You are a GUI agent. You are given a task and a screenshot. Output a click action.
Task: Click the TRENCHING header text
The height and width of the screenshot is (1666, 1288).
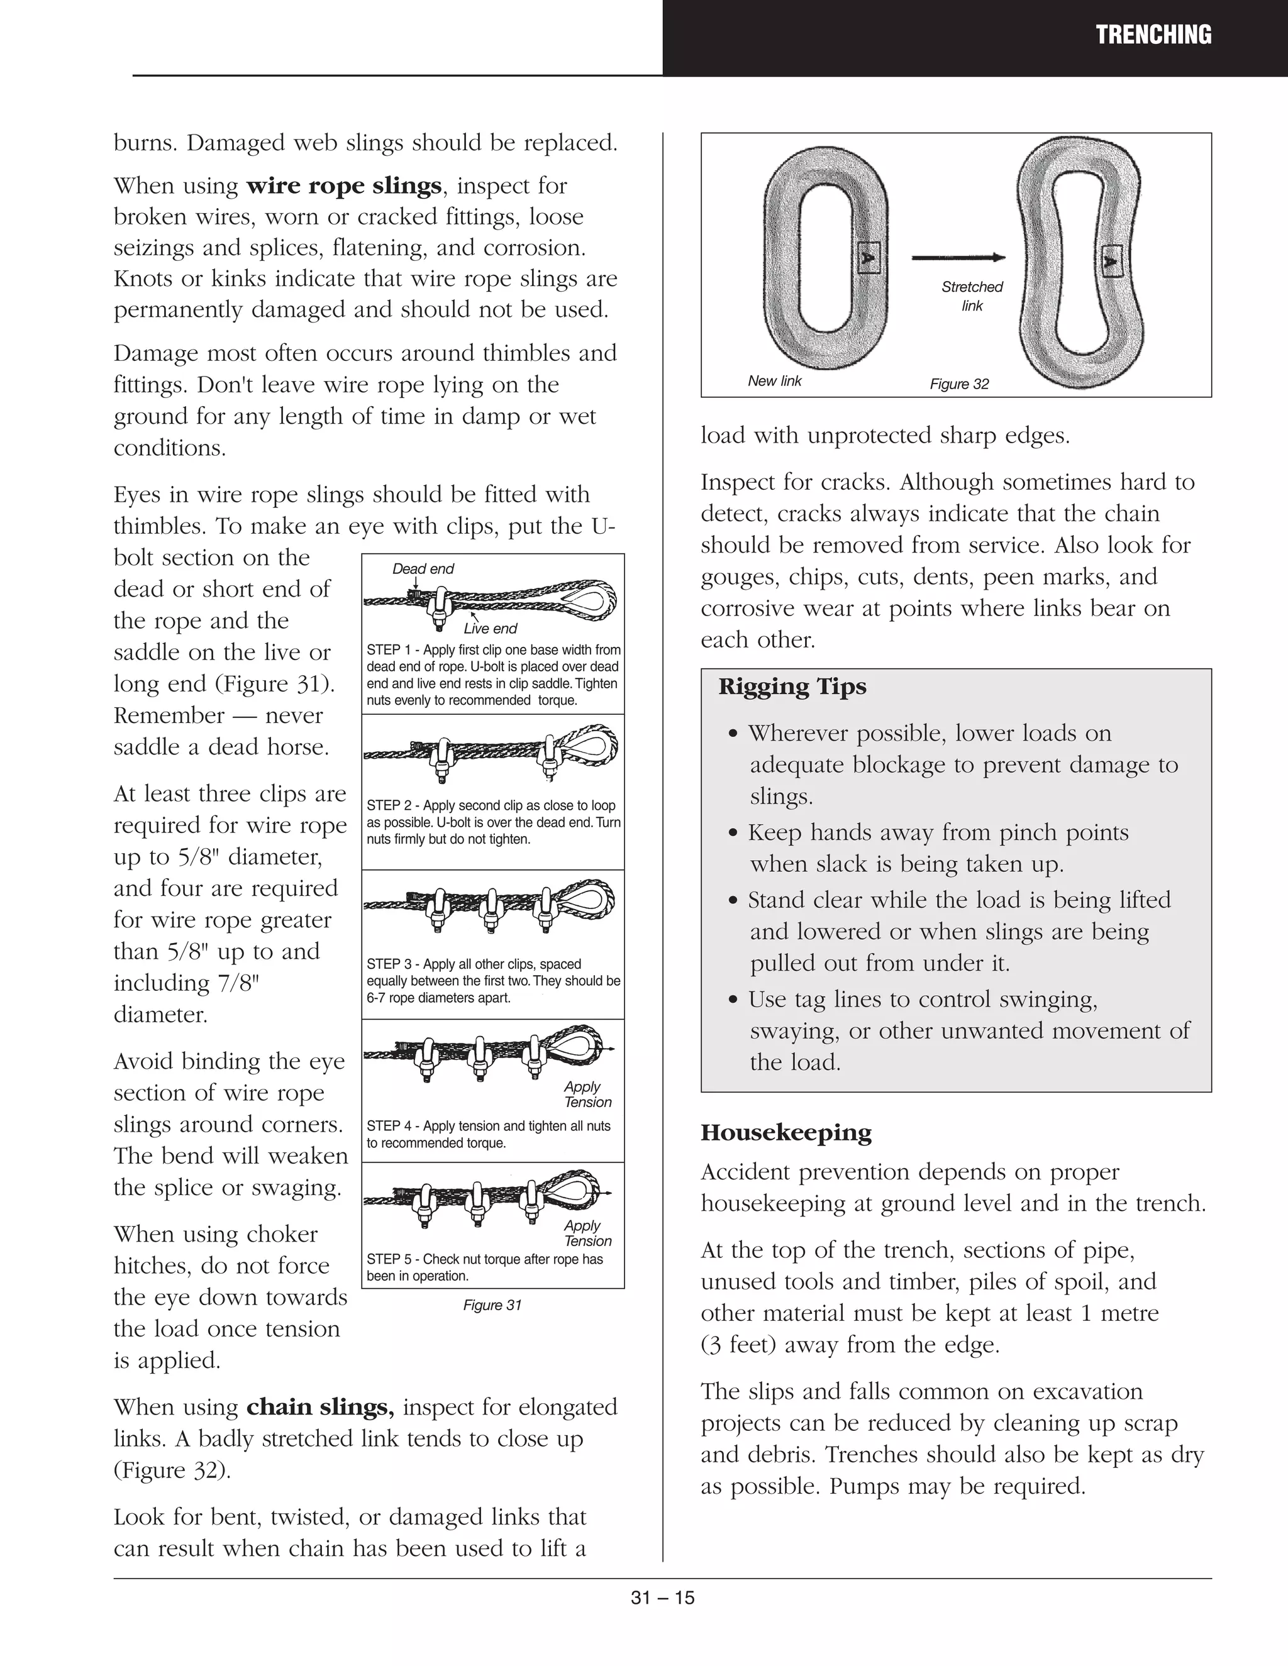pyautogui.click(x=1153, y=35)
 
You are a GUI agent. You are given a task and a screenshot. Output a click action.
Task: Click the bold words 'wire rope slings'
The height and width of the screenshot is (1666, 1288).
pyautogui.click(x=343, y=186)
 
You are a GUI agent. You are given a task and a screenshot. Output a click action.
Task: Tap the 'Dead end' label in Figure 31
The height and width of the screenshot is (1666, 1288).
pyautogui.click(x=423, y=569)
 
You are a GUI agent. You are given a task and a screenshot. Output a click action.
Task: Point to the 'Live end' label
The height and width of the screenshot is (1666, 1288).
pyautogui.click(x=490, y=629)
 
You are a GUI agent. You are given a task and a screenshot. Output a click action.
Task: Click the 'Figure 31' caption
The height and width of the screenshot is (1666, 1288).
pyautogui.click(x=492, y=1305)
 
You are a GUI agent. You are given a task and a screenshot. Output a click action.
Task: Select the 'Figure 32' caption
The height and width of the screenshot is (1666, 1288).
pyautogui.click(x=959, y=385)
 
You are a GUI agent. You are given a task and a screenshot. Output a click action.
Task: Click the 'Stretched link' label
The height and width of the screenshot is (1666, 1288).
pyautogui.click(x=971, y=296)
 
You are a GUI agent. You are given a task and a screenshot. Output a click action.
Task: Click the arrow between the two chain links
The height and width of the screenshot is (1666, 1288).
pyautogui.click(x=958, y=258)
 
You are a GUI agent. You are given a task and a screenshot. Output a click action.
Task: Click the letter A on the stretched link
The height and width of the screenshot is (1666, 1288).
pyautogui.click(x=1110, y=262)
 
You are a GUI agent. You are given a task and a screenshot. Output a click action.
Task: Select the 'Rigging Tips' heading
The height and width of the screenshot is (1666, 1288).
pyautogui.click(x=792, y=687)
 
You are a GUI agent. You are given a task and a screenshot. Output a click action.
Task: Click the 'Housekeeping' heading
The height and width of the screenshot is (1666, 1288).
pyautogui.click(x=786, y=1133)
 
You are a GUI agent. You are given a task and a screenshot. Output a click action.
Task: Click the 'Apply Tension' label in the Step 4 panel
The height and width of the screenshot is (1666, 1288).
pyautogui.click(x=587, y=1095)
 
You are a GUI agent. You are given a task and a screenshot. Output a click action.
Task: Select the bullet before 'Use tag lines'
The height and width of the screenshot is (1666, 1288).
pyautogui.click(x=733, y=1000)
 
